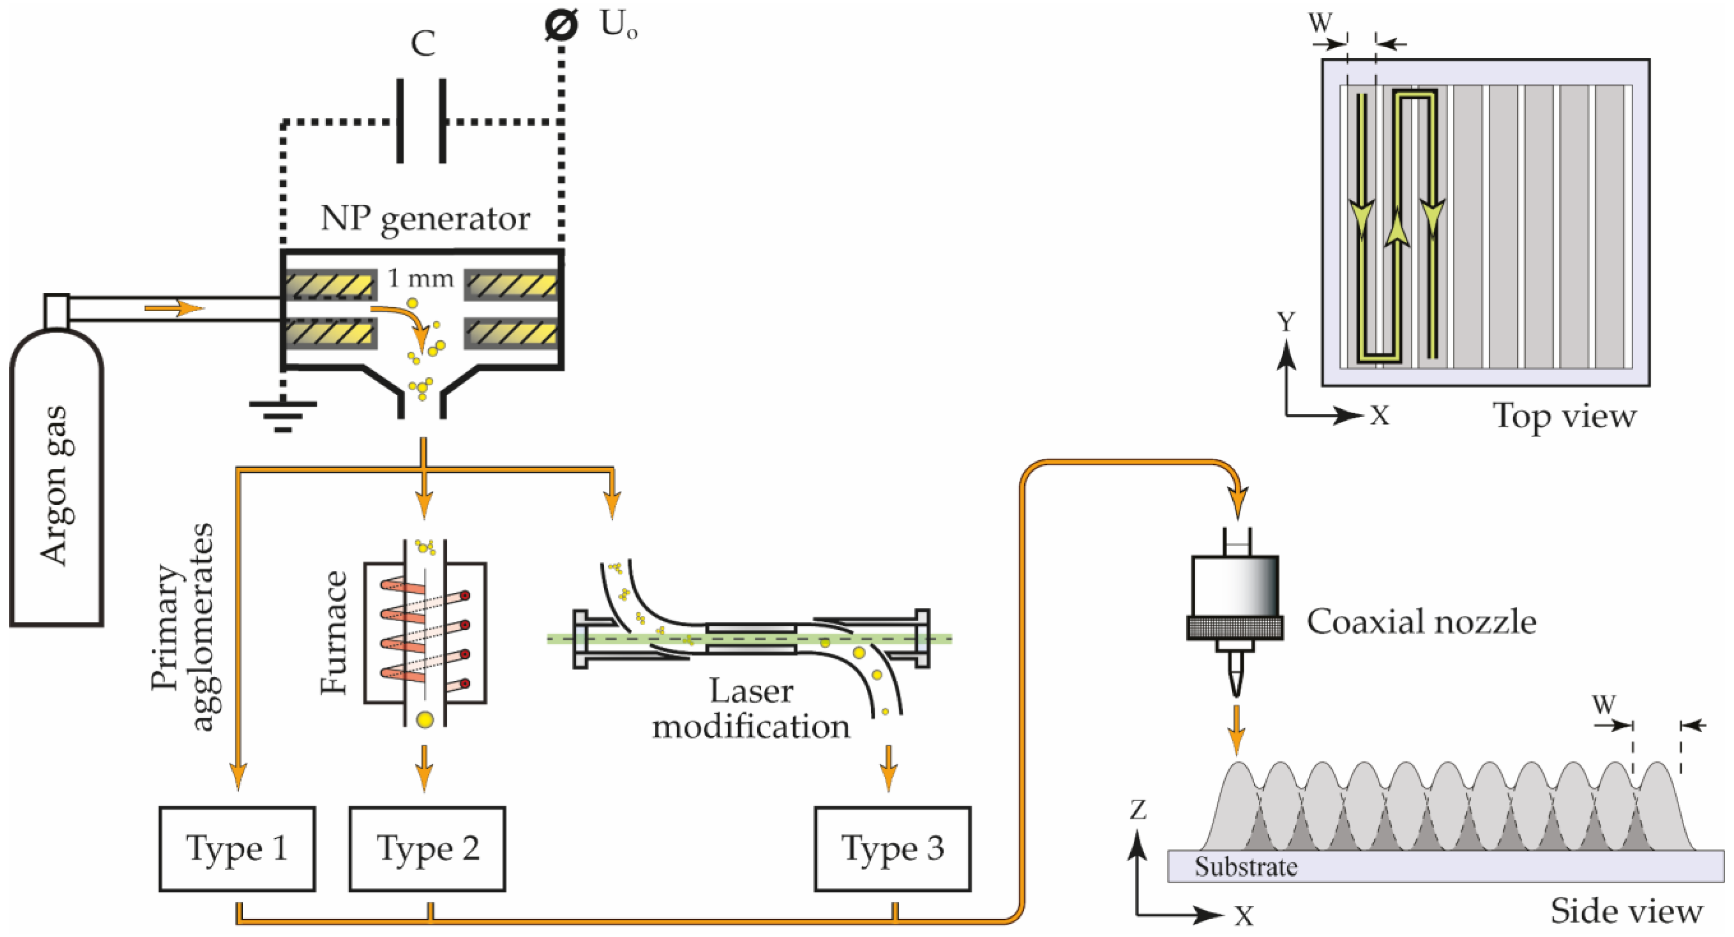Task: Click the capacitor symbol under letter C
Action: click(x=421, y=121)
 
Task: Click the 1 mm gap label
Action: click(x=421, y=278)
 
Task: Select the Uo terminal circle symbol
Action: click(x=561, y=25)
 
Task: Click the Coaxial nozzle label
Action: click(x=1421, y=622)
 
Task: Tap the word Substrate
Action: click(x=1245, y=866)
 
